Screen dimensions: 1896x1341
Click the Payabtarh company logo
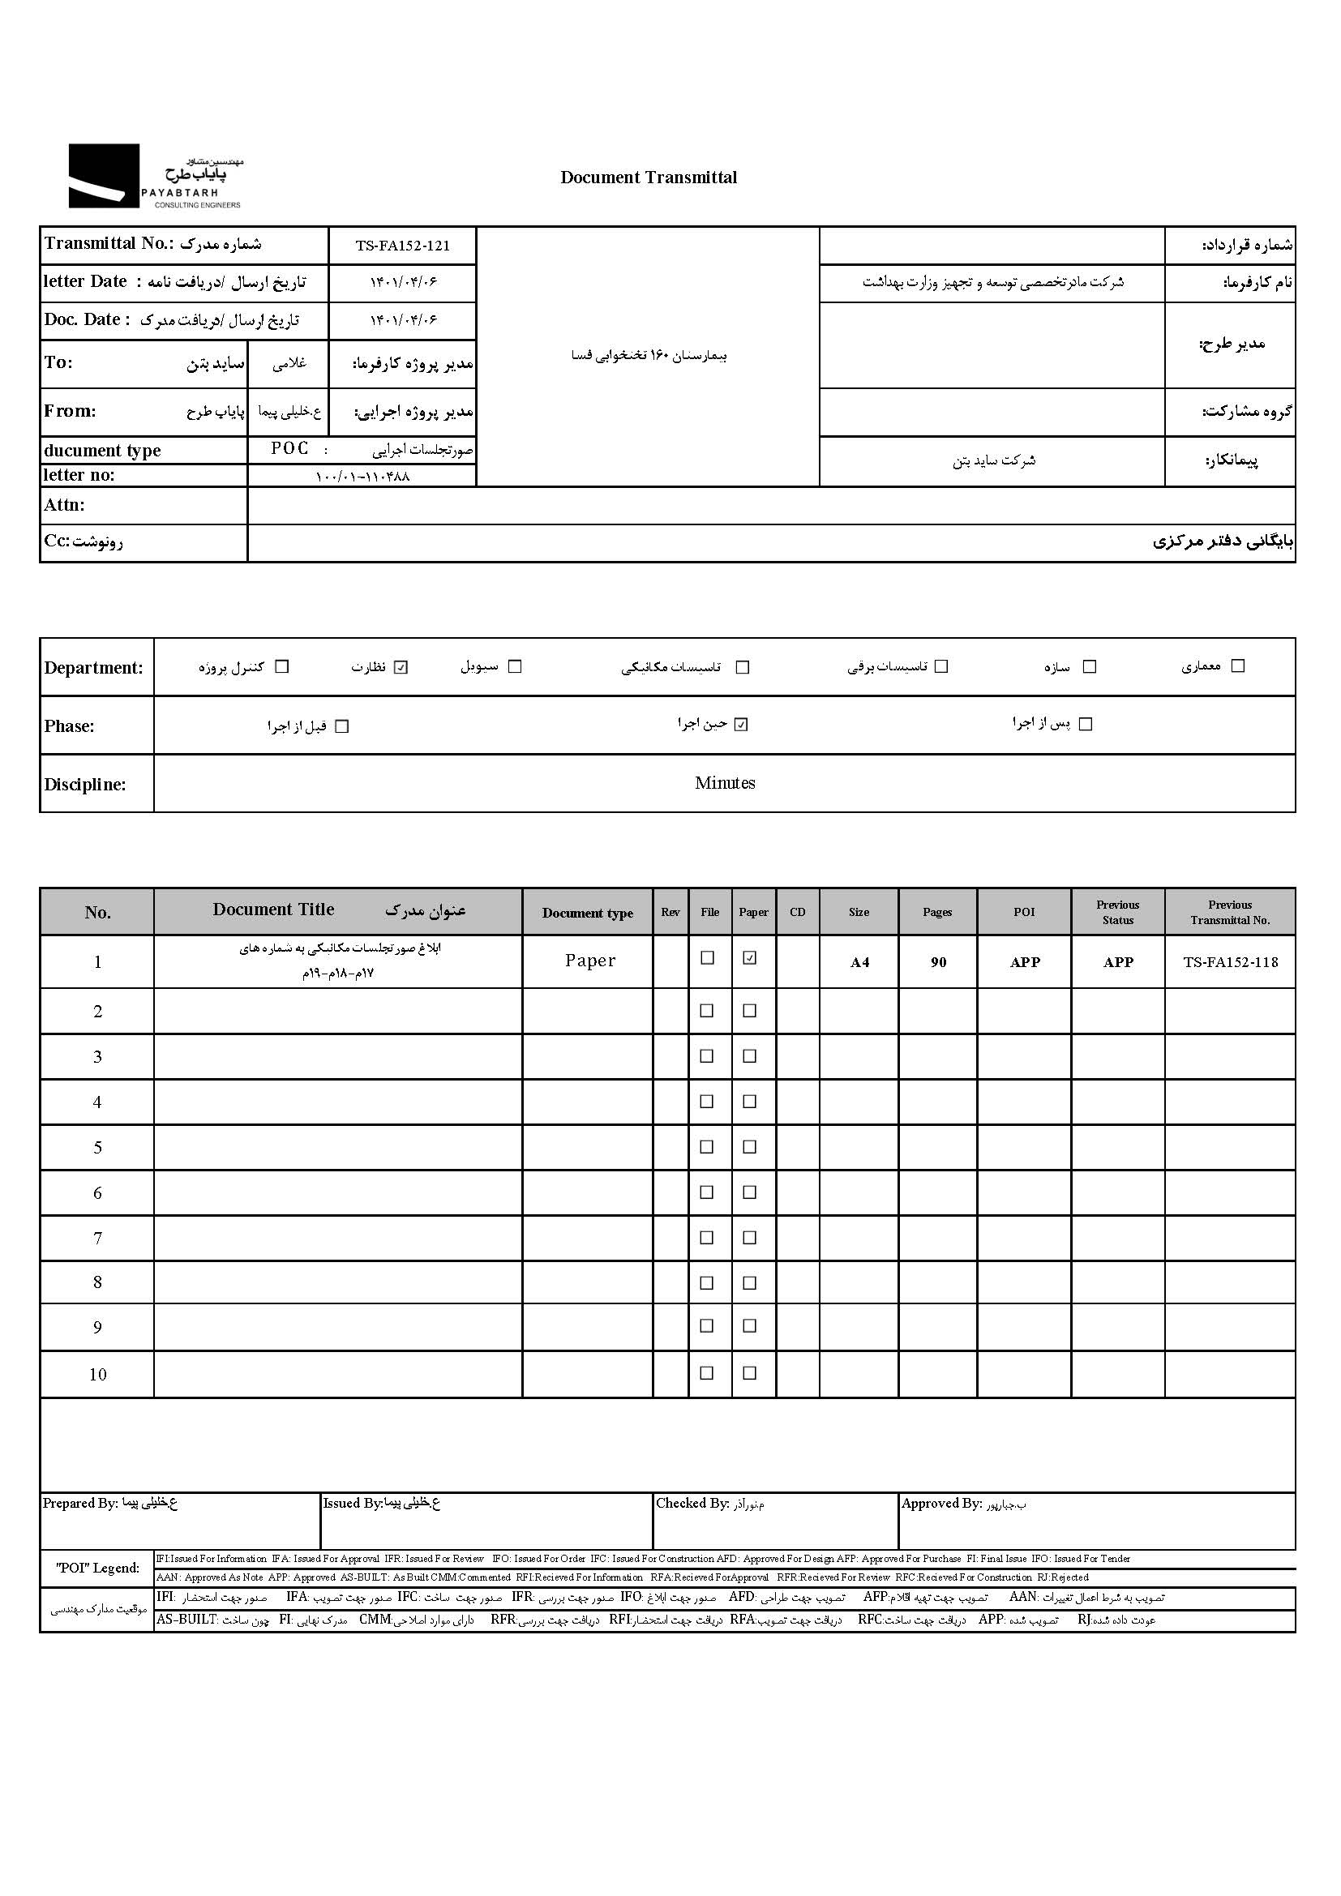point(155,176)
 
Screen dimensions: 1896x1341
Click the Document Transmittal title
point(649,178)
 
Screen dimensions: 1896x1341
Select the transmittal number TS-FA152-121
point(402,246)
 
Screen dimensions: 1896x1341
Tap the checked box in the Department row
point(401,667)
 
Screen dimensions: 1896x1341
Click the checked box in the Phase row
point(742,725)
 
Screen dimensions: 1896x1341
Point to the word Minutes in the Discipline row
point(724,783)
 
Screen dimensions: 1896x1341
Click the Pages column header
point(937,912)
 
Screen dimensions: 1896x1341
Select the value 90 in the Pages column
point(938,962)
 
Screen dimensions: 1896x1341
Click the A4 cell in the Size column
point(859,962)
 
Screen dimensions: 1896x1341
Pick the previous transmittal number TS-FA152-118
point(1230,962)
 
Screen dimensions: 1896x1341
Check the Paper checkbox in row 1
point(750,958)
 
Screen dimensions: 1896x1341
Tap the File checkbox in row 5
point(707,1146)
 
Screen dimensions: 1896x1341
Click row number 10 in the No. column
point(97,1374)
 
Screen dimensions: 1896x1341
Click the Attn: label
point(64,505)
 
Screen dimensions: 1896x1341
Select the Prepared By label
point(80,1503)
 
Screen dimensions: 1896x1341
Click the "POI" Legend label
point(97,1568)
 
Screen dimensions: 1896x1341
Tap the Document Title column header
point(273,910)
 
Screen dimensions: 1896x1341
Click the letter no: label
point(79,475)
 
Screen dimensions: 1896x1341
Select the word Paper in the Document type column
point(589,961)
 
